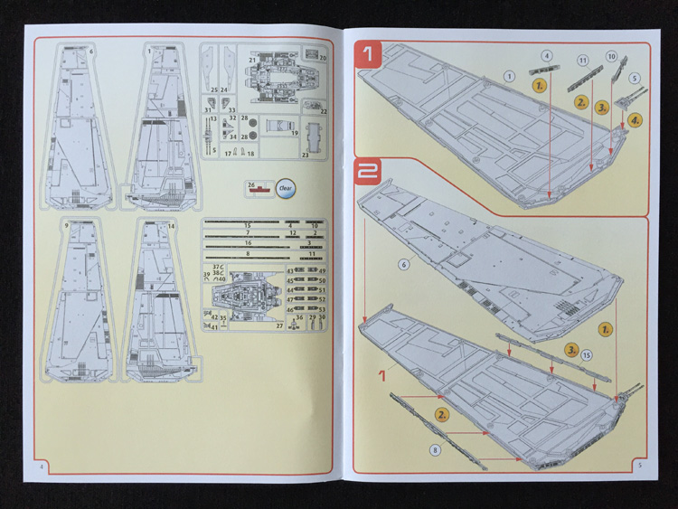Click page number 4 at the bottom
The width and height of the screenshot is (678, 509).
(42, 466)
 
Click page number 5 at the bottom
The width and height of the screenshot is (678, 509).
(639, 466)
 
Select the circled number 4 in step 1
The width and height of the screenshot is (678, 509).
(547, 56)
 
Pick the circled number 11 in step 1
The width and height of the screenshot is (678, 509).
(583, 61)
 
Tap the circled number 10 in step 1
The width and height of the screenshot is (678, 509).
(612, 57)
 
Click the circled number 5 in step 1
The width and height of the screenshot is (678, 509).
(635, 79)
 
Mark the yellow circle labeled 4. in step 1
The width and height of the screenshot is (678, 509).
(636, 118)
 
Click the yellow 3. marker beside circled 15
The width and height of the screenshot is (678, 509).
(572, 348)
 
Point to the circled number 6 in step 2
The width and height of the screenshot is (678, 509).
(404, 264)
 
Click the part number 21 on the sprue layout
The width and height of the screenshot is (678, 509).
(253, 60)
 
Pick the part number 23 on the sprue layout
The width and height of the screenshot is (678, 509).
(305, 156)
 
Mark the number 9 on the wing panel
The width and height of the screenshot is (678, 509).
(68, 223)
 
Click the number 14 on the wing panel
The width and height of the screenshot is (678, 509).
(171, 224)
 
